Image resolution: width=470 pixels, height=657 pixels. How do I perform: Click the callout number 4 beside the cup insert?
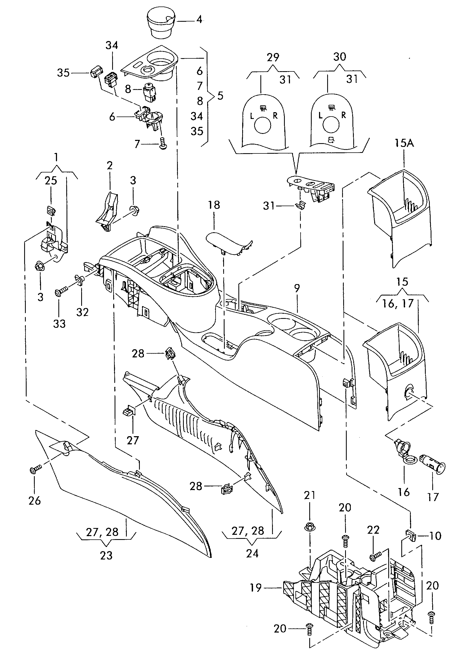click(x=199, y=20)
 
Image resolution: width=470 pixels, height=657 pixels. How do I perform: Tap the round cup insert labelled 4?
click(x=161, y=23)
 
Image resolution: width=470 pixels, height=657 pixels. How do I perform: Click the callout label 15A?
click(x=404, y=143)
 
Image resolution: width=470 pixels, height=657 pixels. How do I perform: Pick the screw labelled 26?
click(x=33, y=470)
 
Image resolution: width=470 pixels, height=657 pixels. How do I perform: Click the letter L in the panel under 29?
click(x=252, y=116)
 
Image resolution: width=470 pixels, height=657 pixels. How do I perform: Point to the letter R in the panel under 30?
click(x=343, y=115)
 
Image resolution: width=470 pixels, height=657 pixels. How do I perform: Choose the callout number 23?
click(x=106, y=555)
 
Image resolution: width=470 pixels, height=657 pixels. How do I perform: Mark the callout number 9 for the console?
click(x=297, y=288)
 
